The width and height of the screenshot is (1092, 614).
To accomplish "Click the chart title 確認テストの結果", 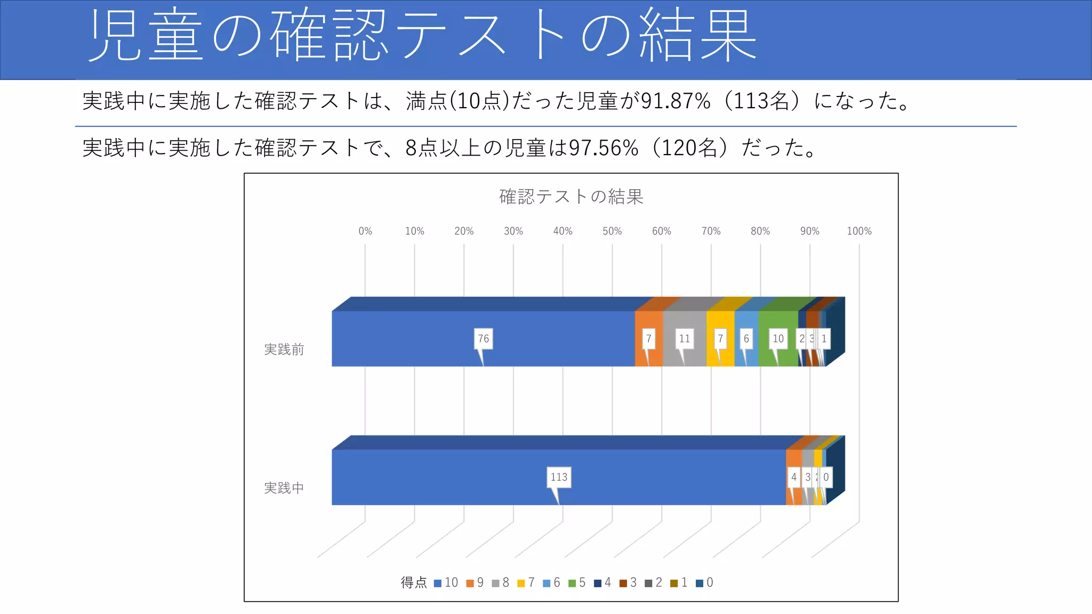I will [x=571, y=197].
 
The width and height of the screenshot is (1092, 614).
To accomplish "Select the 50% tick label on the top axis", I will [x=612, y=231].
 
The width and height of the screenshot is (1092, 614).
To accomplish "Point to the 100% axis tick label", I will [x=859, y=231].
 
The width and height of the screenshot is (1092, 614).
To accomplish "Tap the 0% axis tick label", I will [x=365, y=231].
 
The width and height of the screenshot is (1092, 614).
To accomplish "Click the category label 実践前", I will [x=284, y=350].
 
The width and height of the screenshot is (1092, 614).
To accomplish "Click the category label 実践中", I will [x=284, y=488].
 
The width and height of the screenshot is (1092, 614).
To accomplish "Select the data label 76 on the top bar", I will [x=483, y=338].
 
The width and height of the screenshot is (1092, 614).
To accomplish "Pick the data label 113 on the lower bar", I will [x=559, y=477].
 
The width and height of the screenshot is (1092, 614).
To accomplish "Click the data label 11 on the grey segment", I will [x=684, y=338].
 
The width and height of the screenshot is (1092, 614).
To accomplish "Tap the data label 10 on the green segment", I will [x=778, y=338].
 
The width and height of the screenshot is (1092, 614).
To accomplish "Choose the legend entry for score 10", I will [x=446, y=583].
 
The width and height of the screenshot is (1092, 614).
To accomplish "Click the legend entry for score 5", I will [x=577, y=583].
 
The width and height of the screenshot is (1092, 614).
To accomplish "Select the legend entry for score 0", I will [x=704, y=583].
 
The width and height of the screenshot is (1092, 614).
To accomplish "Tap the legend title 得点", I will [x=414, y=583].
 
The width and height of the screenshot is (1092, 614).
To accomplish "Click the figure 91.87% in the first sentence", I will [x=676, y=101].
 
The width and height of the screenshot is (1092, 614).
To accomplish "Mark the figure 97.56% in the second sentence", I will [x=603, y=148].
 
